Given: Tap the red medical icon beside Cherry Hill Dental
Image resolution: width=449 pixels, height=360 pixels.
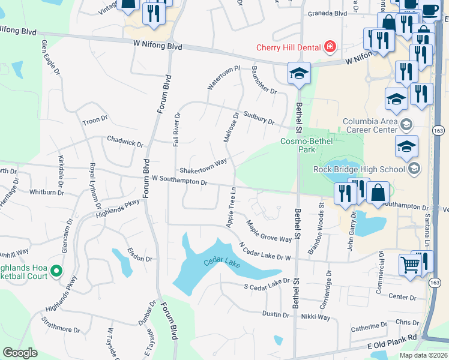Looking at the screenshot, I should (329, 46).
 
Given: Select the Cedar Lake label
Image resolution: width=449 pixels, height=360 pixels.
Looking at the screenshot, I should (221, 262).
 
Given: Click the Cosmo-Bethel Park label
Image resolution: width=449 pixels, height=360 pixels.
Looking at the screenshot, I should (298, 145).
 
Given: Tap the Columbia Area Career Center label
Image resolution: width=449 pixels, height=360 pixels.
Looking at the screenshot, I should (370, 125).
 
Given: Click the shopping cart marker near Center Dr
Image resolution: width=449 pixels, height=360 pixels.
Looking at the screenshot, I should (410, 263).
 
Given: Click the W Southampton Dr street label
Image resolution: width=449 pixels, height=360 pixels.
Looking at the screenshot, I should (179, 179).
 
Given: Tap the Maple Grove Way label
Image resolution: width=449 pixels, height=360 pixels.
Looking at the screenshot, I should (269, 231).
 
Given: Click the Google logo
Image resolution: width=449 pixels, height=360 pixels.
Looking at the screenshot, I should (20, 353).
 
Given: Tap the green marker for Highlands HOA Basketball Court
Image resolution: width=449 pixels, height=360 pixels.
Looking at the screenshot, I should (56, 272).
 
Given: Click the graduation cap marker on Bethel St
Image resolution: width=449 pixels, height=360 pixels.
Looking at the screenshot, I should (299, 74).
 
